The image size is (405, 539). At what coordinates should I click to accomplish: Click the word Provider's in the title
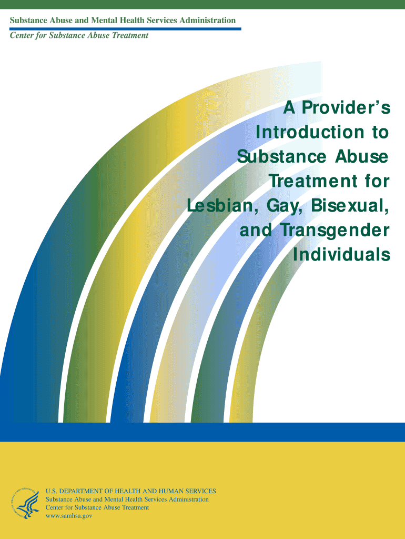pyautogui.click(x=346, y=107)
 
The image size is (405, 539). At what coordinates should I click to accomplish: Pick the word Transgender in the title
pyautogui.click(x=336, y=230)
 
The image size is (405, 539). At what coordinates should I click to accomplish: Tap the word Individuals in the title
pyautogui.click(x=341, y=254)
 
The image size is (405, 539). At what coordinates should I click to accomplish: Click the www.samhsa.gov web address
pyautogui.click(x=69, y=516)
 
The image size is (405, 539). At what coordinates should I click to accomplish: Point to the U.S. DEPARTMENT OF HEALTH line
pyautogui.click(x=130, y=491)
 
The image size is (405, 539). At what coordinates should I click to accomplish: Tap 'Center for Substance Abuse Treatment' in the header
pyautogui.click(x=79, y=35)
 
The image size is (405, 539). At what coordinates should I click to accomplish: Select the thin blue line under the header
pyautogui.click(x=125, y=29)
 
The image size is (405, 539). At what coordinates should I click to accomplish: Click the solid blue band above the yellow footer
pyautogui.click(x=202, y=432)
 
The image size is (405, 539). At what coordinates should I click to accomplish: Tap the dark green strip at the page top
pyautogui.click(x=202, y=4)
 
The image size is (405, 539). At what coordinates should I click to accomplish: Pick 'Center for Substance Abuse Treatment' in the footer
pyautogui.click(x=97, y=507)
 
